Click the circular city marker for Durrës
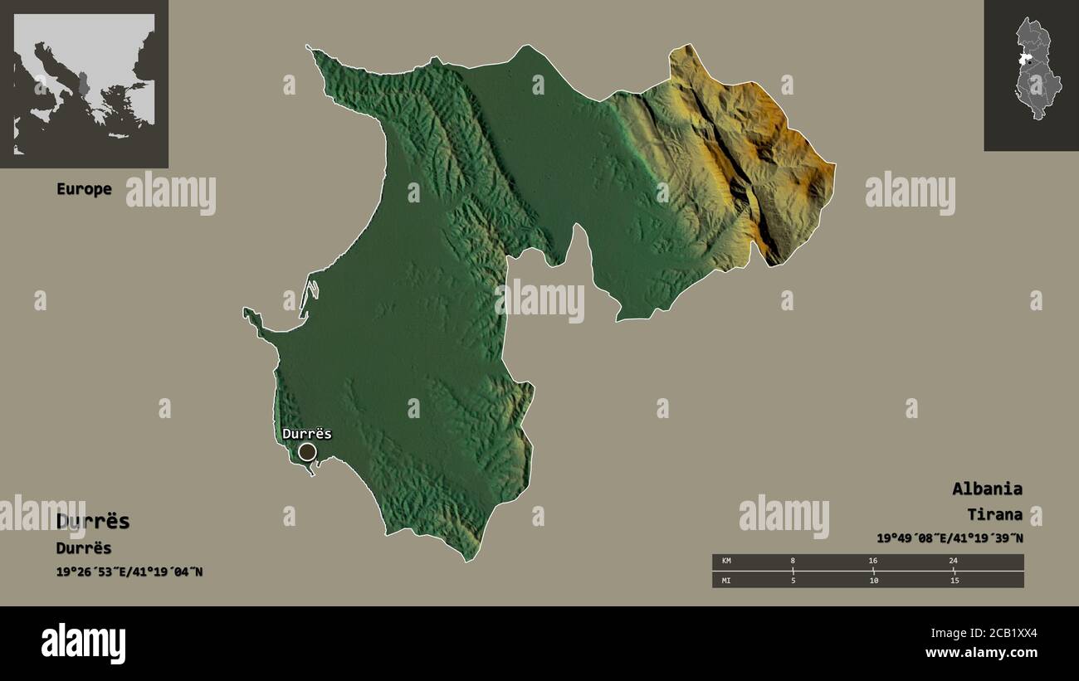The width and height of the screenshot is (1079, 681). coord(307,452)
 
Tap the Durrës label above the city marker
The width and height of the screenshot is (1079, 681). coord(306,433)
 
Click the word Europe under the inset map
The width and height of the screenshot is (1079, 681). coord(84,189)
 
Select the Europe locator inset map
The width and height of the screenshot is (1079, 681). coord(84,83)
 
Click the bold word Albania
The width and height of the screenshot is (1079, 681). coord(987,489)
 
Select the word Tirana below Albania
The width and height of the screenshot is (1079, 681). coord(994,515)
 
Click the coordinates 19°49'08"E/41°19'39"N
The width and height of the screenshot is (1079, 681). coord(950,538)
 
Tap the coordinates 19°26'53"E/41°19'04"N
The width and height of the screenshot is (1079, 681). coord(129,572)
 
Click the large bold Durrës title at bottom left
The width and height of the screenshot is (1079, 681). coord(93,521)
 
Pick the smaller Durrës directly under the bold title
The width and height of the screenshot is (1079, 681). coord(84,548)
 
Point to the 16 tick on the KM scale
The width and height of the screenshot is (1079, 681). coord(872,562)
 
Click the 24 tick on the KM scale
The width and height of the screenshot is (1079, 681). coord(953,562)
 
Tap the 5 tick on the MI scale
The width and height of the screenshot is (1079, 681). coord(793,580)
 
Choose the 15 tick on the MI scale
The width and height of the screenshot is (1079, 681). coord(954,580)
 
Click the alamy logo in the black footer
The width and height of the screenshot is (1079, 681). coord(84,644)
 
